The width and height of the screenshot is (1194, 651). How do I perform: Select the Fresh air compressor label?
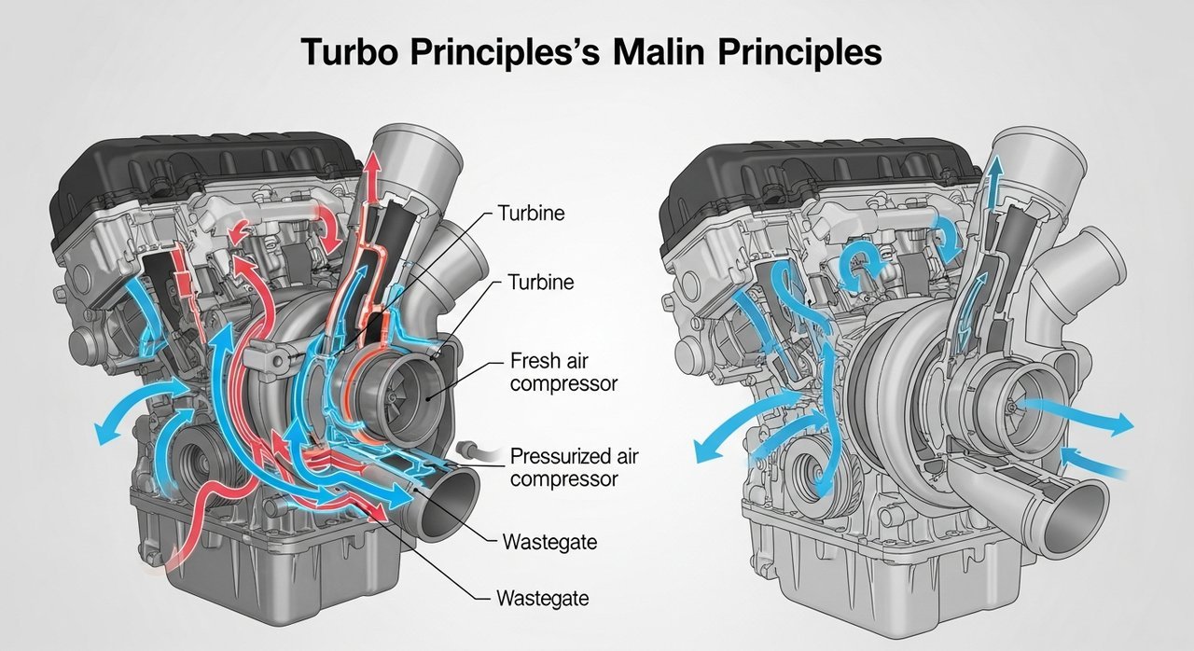pos(563,370)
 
